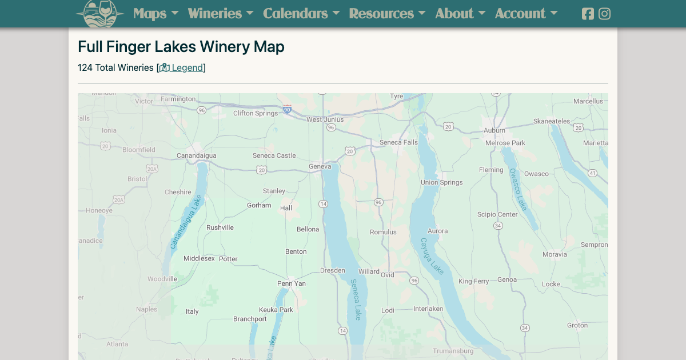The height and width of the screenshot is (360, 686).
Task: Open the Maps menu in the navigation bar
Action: (155, 13)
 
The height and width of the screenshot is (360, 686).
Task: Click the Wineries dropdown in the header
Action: (220, 13)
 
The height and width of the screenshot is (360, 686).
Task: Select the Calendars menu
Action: (301, 13)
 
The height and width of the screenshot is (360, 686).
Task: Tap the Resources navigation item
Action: (387, 13)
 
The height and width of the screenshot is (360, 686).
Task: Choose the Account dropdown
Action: (526, 13)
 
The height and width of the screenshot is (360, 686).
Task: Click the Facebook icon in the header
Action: (588, 14)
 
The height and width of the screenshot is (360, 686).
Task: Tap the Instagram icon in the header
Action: (604, 14)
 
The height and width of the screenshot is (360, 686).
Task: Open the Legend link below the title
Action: (181, 67)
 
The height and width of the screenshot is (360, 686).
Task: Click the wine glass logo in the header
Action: (100, 13)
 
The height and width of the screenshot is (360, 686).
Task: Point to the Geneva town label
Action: (320, 166)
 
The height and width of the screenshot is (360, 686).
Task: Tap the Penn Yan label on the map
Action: (292, 283)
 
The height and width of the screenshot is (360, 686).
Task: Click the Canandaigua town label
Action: (196, 155)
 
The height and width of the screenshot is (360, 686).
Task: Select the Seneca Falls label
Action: (398, 142)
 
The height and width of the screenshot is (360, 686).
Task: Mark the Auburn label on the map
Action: (494, 130)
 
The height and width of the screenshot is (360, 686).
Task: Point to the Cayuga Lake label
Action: (432, 256)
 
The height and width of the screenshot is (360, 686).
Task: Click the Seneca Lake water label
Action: (356, 299)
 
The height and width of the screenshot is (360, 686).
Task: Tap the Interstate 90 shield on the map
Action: (287, 109)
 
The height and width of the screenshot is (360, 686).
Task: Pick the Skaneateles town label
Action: (552, 121)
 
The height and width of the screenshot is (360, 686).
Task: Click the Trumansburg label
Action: (453, 351)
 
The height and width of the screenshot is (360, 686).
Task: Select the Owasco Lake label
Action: (518, 189)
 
